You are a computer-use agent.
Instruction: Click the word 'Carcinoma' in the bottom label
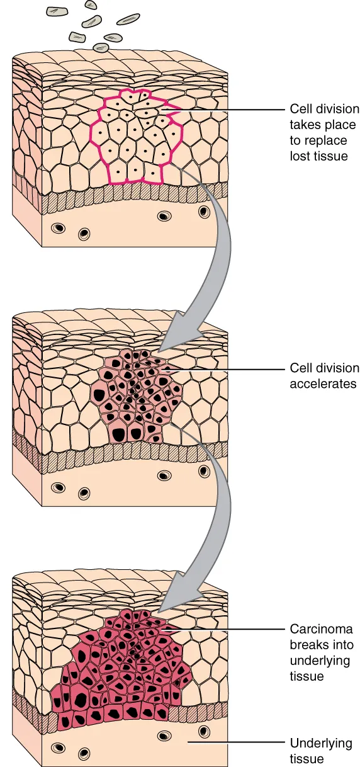coord(321,628)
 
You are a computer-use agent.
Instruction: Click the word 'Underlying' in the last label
coord(321,743)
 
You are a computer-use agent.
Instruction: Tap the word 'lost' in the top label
coord(300,156)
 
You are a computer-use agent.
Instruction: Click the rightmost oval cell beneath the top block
coord(203,212)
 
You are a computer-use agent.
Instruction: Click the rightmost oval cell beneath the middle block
coord(203,470)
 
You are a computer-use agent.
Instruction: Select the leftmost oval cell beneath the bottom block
coord(58,747)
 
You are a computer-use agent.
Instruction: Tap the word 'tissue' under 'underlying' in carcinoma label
coord(307,676)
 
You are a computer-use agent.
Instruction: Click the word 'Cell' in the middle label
coord(300,368)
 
